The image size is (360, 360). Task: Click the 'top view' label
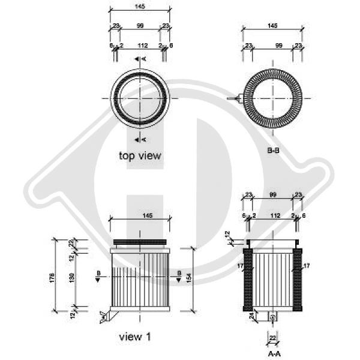[140, 155]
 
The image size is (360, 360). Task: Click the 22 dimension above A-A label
[272, 339]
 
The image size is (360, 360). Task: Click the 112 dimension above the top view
[142, 44]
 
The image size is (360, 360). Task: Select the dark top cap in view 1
[139, 241]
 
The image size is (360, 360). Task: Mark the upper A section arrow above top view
[139, 59]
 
